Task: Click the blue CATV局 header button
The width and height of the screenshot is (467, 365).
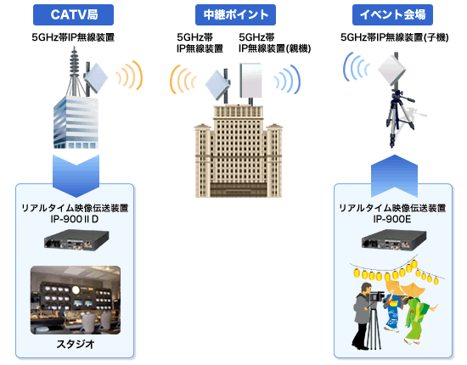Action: tap(73, 14)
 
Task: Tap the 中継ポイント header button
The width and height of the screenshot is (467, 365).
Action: tap(235, 14)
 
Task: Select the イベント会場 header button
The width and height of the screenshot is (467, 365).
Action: tap(392, 14)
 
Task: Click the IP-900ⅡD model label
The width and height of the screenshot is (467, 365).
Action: tap(75, 219)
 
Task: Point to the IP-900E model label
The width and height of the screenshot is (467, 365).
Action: tap(392, 219)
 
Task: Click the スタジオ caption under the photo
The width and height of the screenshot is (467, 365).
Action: tap(76, 344)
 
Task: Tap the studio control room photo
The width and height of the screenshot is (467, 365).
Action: tap(76, 300)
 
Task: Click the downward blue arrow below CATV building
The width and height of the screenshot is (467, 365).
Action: tap(76, 176)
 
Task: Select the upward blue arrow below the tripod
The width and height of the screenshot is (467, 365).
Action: tap(394, 176)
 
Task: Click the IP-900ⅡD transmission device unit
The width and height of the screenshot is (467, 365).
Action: tap(76, 240)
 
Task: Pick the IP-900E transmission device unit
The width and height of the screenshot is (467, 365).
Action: tap(394, 240)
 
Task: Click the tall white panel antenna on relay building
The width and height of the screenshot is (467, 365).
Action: tap(251, 81)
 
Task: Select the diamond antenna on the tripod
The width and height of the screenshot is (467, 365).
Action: tap(392, 70)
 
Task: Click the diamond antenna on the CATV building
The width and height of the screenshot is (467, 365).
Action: tap(96, 78)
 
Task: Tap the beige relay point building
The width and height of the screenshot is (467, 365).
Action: tap(239, 151)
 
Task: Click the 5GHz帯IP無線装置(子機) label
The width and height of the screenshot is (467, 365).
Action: tap(394, 37)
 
